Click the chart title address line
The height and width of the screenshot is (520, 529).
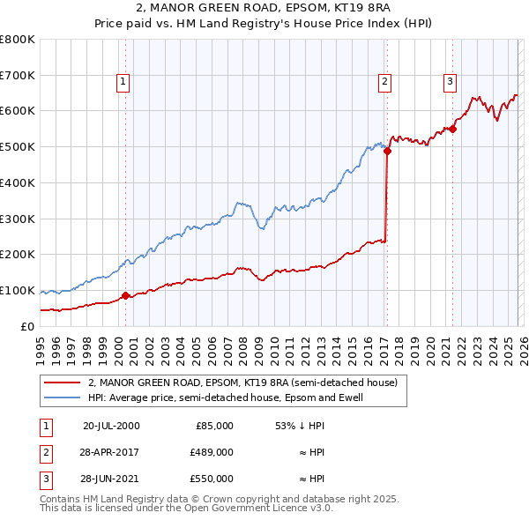[x=264, y=8]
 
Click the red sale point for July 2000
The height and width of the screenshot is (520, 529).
[x=125, y=296]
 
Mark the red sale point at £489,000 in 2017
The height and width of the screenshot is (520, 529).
[x=387, y=151]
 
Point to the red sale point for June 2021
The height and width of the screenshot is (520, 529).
[x=452, y=129]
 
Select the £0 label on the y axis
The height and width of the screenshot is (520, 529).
[x=28, y=326]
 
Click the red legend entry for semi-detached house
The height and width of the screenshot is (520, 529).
[x=242, y=383]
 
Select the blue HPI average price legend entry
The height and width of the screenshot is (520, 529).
[x=225, y=397]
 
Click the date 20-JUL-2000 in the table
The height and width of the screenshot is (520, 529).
[x=110, y=425]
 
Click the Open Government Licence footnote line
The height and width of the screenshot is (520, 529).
[x=186, y=509]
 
